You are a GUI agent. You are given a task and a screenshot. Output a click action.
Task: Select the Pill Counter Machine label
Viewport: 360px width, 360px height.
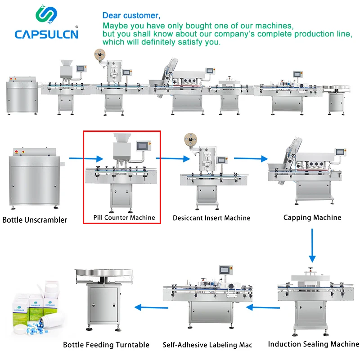click(124, 217)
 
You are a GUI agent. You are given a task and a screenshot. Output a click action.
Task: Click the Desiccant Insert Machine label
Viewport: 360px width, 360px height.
click(211, 218)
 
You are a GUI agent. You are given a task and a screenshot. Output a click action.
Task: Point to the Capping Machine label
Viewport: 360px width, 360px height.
click(312, 217)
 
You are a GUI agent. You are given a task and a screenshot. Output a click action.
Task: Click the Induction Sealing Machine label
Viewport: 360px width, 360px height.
click(314, 344)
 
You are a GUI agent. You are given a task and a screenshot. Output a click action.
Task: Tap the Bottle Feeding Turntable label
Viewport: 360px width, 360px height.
click(106, 345)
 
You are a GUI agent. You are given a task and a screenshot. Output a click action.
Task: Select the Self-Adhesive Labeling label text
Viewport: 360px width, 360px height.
click(207, 345)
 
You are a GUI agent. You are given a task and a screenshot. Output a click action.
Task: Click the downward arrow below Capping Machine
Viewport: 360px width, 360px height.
click(312, 245)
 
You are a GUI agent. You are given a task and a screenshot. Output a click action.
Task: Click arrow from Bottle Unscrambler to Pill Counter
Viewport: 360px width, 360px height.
click(85, 158)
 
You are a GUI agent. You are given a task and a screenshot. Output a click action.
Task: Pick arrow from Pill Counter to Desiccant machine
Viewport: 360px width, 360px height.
click(173, 158)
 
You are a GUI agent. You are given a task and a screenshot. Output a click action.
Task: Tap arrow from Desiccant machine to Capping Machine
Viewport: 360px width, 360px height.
click(250, 158)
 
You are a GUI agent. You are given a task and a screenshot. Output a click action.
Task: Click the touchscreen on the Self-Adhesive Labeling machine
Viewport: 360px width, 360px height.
click(225, 270)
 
